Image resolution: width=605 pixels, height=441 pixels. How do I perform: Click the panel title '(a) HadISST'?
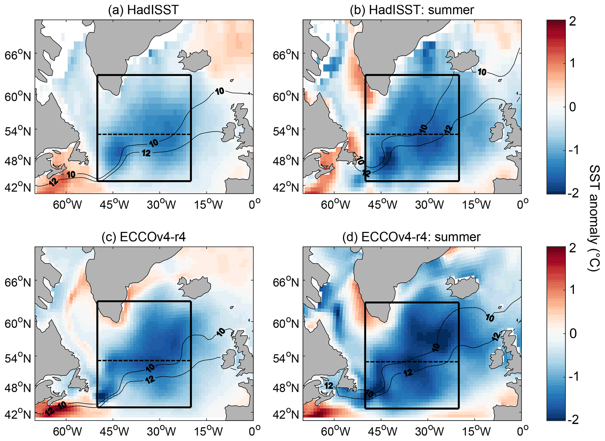click(x=143, y=10)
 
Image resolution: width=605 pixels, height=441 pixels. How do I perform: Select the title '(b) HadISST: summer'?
click(x=412, y=10)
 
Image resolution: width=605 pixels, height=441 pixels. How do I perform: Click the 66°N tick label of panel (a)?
click(x=18, y=54)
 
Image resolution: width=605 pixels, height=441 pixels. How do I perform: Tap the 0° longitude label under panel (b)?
click(x=522, y=204)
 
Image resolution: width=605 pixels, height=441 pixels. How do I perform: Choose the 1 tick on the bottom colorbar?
click(x=573, y=290)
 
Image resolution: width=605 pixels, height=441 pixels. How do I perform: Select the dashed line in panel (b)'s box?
click(x=412, y=134)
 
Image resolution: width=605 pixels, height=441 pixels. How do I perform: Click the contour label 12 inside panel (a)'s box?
click(x=146, y=153)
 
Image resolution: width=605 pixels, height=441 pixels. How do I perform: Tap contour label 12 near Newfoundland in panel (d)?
click(x=329, y=386)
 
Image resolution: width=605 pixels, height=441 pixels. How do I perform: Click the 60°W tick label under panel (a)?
click(x=67, y=204)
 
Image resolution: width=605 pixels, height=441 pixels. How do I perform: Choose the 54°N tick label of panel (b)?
click(x=286, y=131)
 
